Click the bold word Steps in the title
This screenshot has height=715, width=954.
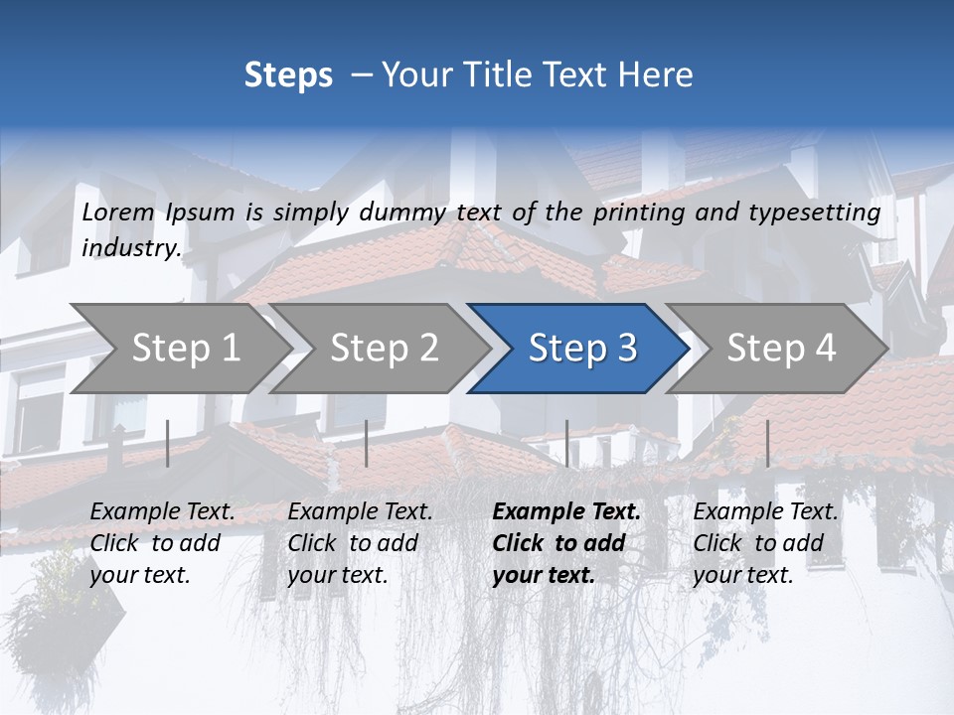(x=288, y=75)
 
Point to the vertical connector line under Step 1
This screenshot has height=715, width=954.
(x=167, y=443)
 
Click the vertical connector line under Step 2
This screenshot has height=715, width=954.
(x=367, y=443)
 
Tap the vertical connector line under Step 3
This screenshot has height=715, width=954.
(x=566, y=443)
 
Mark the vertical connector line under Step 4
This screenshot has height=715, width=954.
(x=767, y=443)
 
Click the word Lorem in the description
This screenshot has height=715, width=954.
(x=118, y=212)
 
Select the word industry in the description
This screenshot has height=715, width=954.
(x=130, y=248)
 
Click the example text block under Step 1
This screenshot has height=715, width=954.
(x=162, y=543)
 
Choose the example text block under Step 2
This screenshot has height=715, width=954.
(x=360, y=543)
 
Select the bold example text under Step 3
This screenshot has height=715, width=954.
(x=566, y=543)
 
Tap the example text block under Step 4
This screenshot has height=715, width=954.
(x=765, y=543)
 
